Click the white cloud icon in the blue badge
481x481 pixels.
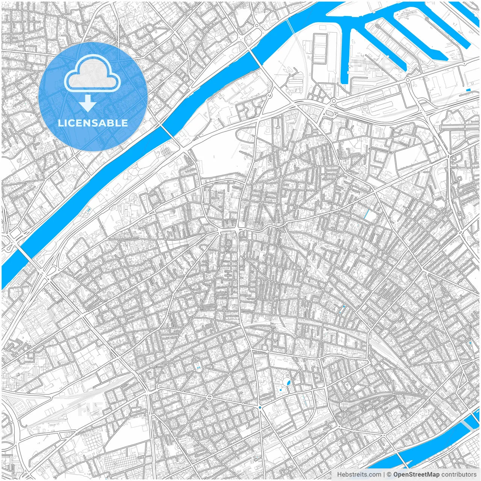click(92, 73)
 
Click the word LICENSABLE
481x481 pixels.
click(93, 123)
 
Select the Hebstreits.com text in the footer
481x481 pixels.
click(359, 475)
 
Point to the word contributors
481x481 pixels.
click(459, 475)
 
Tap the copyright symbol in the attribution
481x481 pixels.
click(389, 475)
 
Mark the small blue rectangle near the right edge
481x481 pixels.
click(468, 90)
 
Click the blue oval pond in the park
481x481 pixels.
click(288, 383)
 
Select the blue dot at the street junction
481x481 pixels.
click(260, 407)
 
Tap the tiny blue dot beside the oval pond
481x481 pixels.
click(281, 390)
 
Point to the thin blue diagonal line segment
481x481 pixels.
click(367, 214)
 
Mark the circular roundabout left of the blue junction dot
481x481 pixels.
click(209, 397)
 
